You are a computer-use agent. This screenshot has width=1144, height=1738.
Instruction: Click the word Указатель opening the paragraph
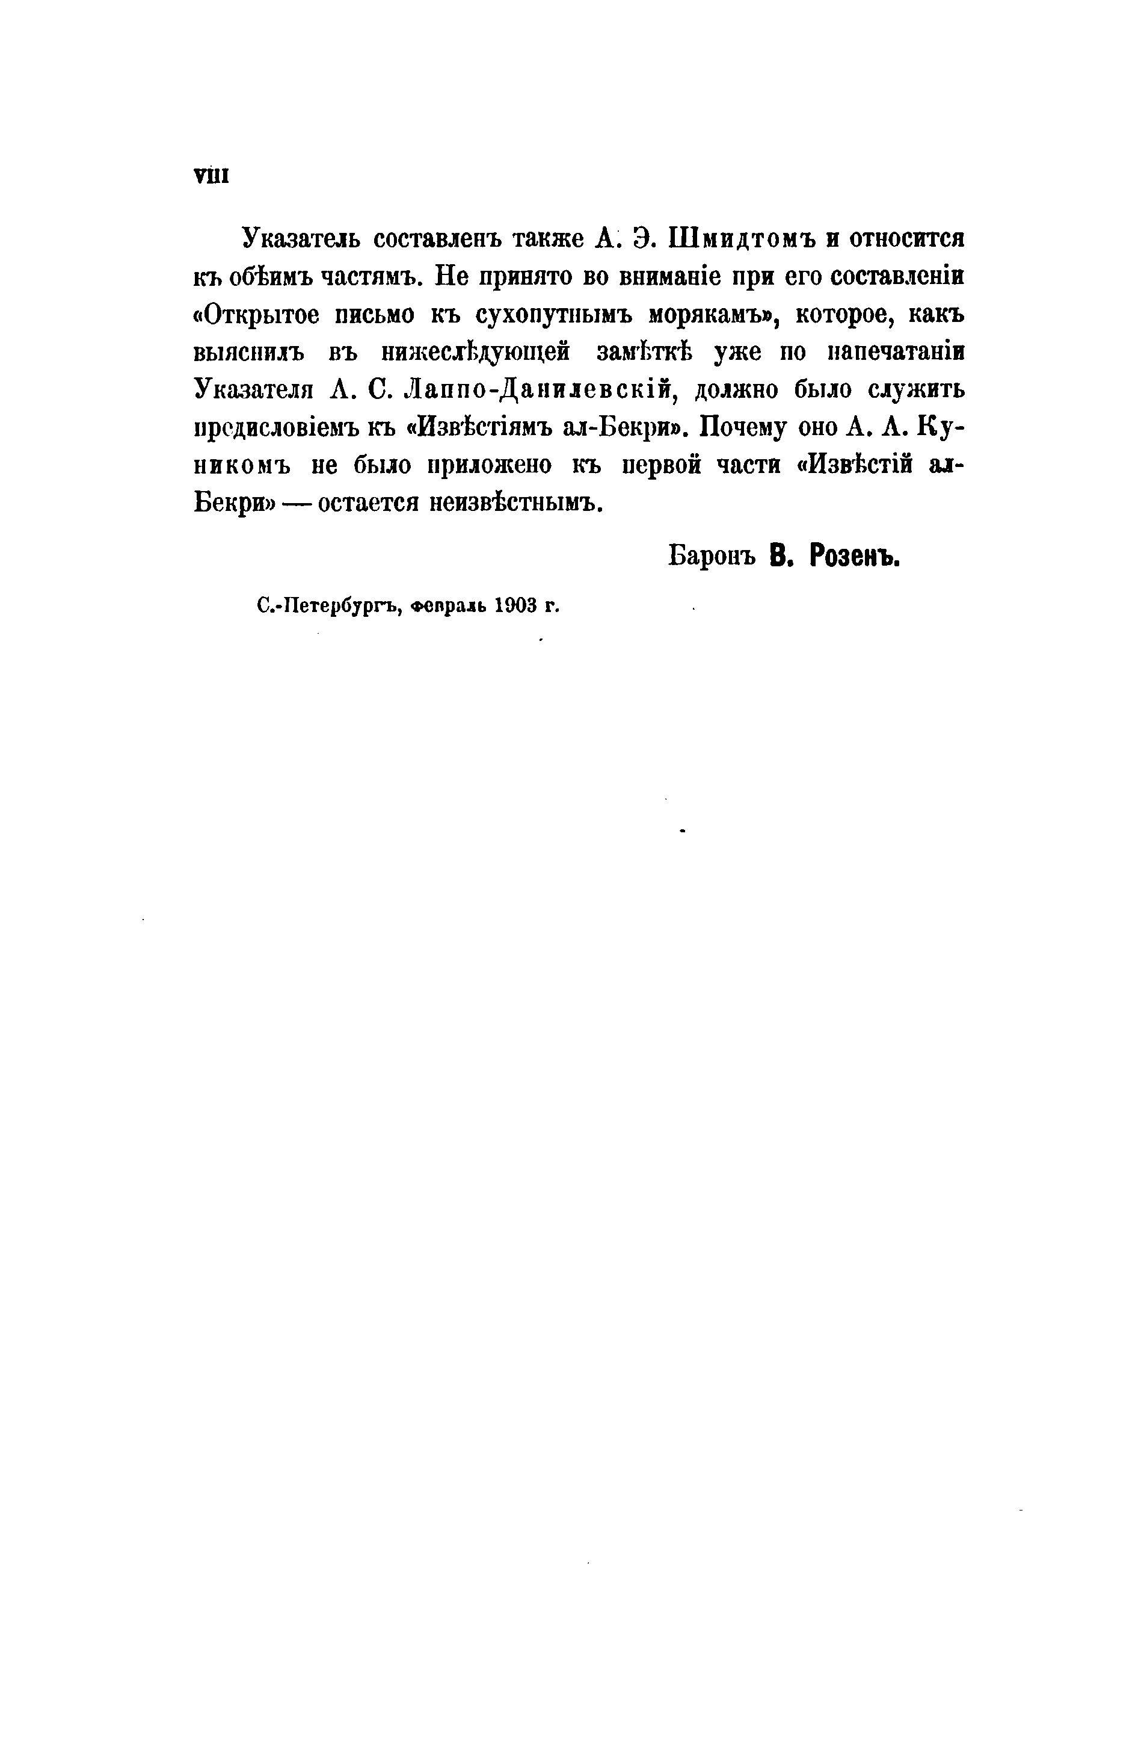(301, 240)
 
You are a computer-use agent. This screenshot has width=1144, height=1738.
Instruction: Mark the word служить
(915, 391)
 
